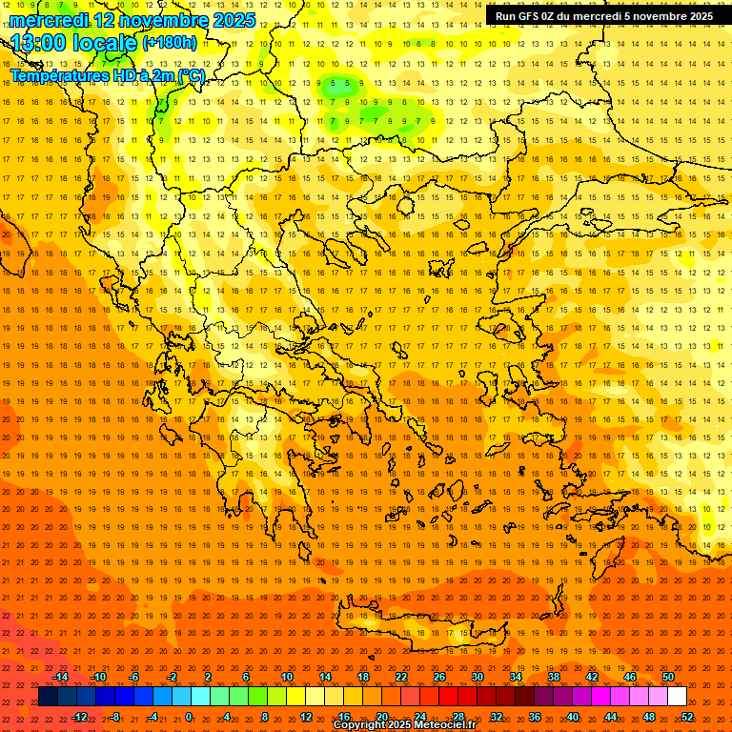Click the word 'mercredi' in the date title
coord(49,20)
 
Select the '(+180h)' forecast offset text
coord(170,42)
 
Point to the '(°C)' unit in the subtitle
coord(190,75)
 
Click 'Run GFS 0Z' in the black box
coord(525,16)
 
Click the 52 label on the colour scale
coord(687,717)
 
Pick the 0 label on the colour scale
coord(189,717)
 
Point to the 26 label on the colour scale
coord(439,677)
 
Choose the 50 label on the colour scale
coord(667,677)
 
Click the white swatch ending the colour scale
coord(677,697)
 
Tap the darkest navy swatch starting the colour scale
coord(48,697)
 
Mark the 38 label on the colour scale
coord(553,677)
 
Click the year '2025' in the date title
coord(234,20)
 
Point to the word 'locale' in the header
coord(106,43)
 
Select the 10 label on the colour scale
coord(287,677)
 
